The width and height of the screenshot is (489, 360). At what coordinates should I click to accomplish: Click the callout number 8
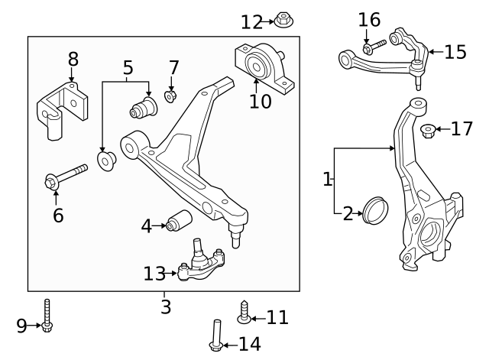click(x=73, y=59)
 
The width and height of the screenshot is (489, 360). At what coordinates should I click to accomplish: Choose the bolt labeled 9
click(x=48, y=316)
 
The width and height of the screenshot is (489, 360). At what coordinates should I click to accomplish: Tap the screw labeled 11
click(x=244, y=312)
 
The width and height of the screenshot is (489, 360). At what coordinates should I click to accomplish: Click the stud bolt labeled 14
click(x=216, y=336)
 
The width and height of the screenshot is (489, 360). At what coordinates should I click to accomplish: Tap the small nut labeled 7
click(x=171, y=97)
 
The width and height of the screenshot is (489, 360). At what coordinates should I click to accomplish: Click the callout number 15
click(x=455, y=52)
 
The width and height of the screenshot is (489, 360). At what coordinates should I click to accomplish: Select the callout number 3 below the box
click(x=165, y=307)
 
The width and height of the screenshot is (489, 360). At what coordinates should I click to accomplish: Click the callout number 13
click(x=154, y=273)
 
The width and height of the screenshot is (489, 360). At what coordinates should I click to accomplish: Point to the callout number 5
click(x=128, y=68)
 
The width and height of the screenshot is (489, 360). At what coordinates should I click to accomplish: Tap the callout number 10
click(x=260, y=101)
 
